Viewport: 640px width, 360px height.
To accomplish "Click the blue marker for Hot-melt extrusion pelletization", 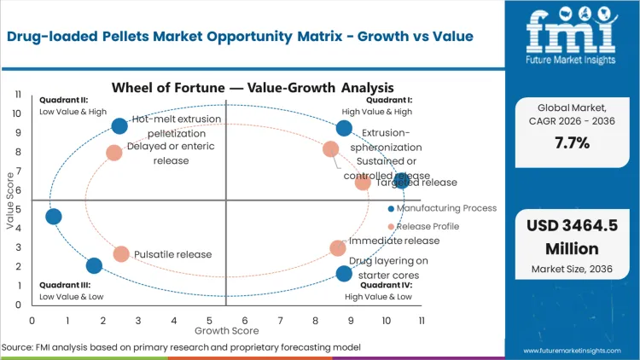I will pyautogui.click(x=119, y=126).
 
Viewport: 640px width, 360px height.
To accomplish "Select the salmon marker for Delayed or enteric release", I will pyautogui.click(x=114, y=153).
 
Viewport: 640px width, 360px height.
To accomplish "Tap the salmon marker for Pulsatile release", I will pyautogui.click(x=121, y=254).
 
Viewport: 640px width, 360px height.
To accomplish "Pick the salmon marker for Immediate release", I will pyautogui.click(x=338, y=248).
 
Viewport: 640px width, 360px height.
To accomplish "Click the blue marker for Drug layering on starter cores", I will pyautogui.click(x=344, y=274).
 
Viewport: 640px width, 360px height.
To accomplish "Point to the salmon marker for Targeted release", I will pyautogui.click(x=363, y=183).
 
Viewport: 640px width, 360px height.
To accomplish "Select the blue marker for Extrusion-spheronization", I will pyautogui.click(x=344, y=129).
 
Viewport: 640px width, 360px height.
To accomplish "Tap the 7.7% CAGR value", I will pyautogui.click(x=572, y=142).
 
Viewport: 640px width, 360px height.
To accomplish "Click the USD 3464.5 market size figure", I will pyautogui.click(x=572, y=225).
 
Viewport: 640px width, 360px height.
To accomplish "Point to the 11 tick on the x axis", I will pyautogui.click(x=422, y=321).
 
